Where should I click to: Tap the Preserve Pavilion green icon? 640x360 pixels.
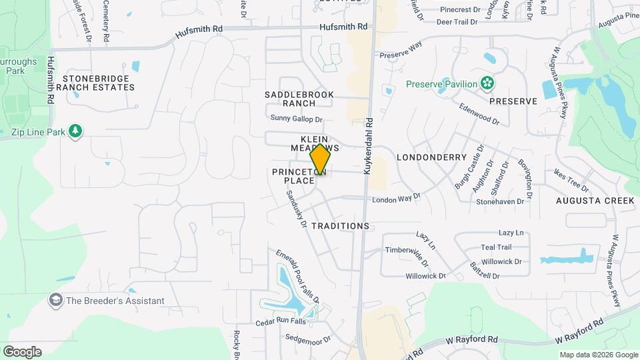(488, 83)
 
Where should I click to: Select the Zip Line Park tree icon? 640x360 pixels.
(75, 131)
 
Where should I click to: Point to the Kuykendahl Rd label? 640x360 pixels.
(368, 147)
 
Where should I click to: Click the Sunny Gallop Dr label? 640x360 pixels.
(296, 119)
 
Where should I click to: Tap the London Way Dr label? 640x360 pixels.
(397, 199)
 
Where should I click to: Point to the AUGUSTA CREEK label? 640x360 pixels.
(596, 201)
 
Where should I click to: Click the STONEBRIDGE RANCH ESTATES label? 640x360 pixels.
(95, 82)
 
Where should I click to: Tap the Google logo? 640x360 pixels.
(22, 351)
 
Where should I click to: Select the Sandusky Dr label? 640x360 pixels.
(295, 210)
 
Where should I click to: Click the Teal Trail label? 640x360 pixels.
(515, 247)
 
